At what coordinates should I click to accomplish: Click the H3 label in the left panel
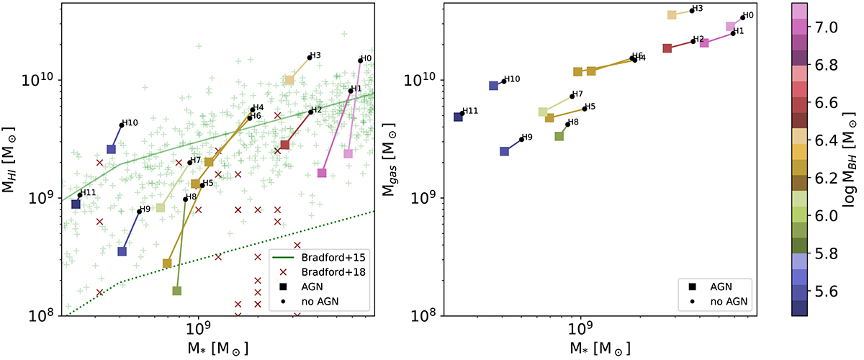(x=315, y=55)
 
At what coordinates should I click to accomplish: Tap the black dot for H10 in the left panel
(x=122, y=125)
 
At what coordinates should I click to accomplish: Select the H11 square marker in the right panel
(x=458, y=117)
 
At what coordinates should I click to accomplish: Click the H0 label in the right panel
(x=748, y=15)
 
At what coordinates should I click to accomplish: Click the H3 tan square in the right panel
(x=672, y=14)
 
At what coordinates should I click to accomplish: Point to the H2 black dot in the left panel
(x=310, y=112)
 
